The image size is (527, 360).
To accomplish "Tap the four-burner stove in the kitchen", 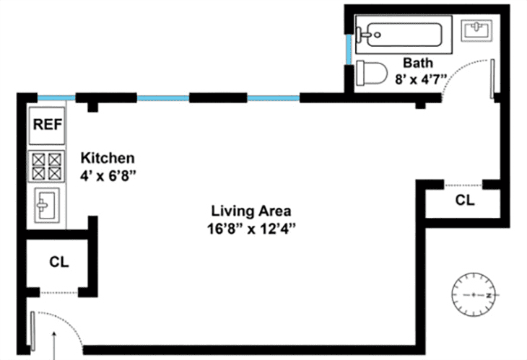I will (x=48, y=167).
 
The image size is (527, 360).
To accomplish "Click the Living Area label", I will (x=251, y=211).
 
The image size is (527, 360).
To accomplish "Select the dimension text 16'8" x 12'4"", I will (x=251, y=228).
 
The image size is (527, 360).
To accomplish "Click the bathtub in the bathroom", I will (x=401, y=33).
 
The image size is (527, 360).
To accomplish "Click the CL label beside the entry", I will (x=59, y=262).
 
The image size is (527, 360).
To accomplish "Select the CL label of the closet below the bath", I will (x=466, y=200).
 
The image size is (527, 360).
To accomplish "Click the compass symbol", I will (x=474, y=296).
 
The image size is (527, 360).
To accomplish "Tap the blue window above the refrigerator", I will (x=57, y=98).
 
